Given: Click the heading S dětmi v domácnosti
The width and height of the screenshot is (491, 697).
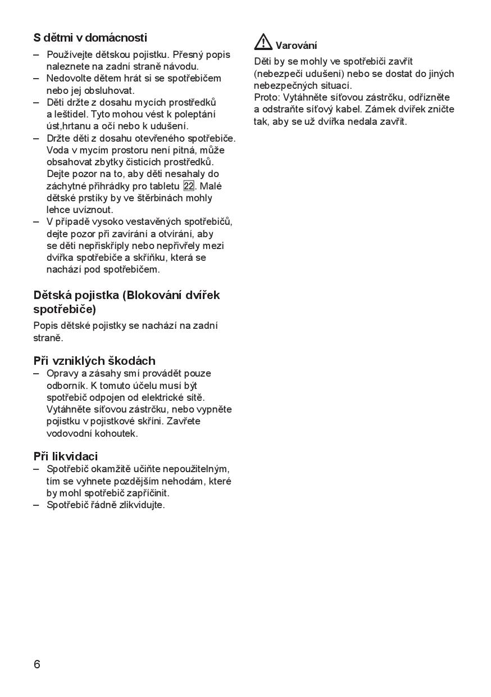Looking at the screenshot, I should [x=90, y=38].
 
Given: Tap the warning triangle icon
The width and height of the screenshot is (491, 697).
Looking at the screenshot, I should [x=263, y=42].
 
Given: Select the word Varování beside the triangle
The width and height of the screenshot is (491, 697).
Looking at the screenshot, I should [x=296, y=46].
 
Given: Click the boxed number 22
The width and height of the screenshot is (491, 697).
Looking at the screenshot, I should [x=189, y=186].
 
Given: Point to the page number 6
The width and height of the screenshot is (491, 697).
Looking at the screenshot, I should [x=37, y=664].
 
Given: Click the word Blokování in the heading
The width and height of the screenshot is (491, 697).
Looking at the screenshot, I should [x=154, y=295].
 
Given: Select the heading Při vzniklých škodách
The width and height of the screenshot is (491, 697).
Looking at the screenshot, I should [x=94, y=361].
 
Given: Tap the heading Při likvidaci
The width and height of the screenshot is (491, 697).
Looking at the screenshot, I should [x=66, y=456].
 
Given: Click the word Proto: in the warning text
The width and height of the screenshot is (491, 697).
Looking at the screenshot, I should [x=267, y=97].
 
